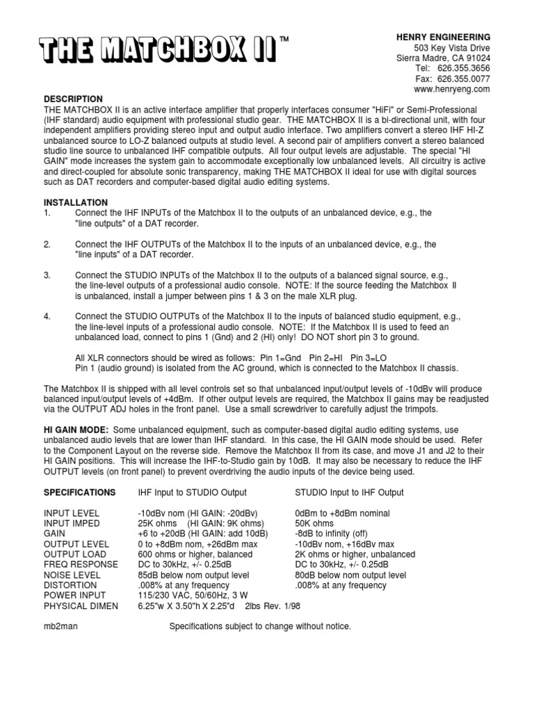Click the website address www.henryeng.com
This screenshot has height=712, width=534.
coord(452,90)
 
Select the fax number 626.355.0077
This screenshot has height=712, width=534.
coord(464,79)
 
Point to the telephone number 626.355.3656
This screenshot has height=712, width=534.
coord(464,69)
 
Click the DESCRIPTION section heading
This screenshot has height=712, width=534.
coord(73,99)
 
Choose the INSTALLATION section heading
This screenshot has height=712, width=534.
coord(75,202)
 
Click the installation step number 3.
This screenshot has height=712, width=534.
coord(47,276)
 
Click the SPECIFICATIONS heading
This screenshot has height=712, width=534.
coord(80,492)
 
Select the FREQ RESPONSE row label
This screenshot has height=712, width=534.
coord(81,565)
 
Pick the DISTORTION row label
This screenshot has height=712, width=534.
coord(70,585)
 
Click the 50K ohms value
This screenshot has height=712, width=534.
coord(314,523)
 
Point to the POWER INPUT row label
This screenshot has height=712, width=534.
coord(75,596)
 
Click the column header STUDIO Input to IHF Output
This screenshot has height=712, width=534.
coord(349,492)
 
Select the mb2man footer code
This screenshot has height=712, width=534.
coord(60,626)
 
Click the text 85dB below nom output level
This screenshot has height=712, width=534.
coord(193,575)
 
